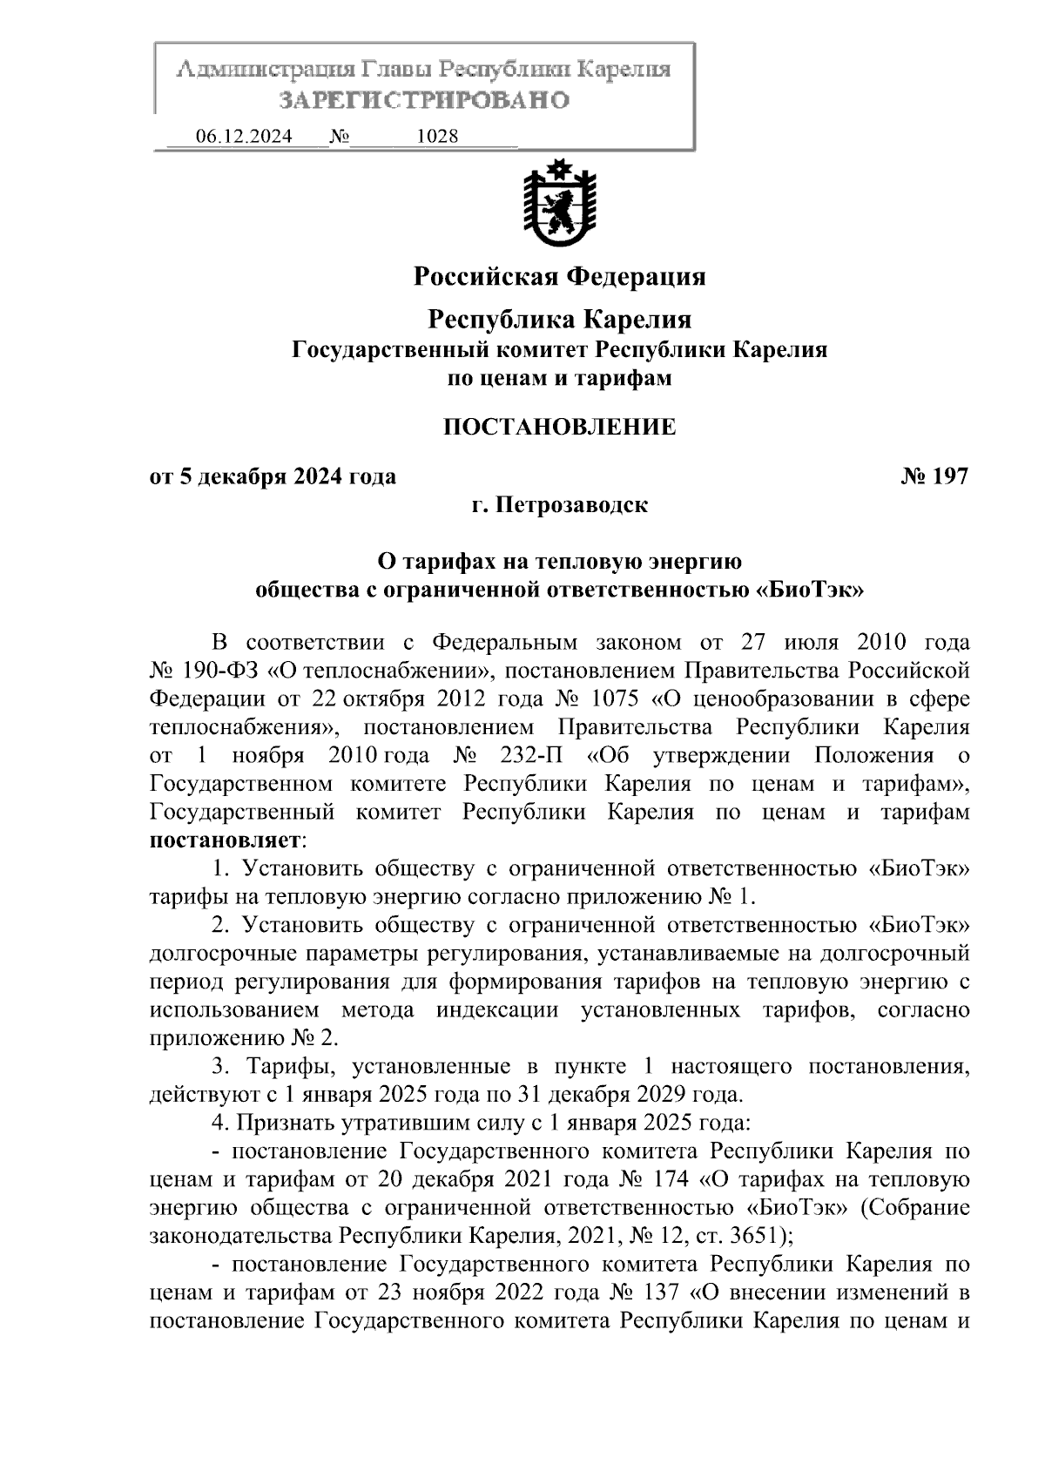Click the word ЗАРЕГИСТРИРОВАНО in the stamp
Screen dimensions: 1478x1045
click(424, 101)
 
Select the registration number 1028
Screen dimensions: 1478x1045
click(438, 137)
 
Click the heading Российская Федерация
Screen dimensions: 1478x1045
click(559, 277)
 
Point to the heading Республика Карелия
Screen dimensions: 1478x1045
click(559, 320)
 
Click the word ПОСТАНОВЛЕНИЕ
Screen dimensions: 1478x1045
click(559, 427)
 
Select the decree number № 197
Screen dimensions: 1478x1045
click(934, 476)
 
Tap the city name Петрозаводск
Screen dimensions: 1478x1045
click(571, 505)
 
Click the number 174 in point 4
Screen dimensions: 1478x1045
click(669, 1179)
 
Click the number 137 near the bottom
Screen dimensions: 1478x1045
click(668, 1292)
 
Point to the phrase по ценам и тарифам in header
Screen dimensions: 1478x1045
click(559, 379)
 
